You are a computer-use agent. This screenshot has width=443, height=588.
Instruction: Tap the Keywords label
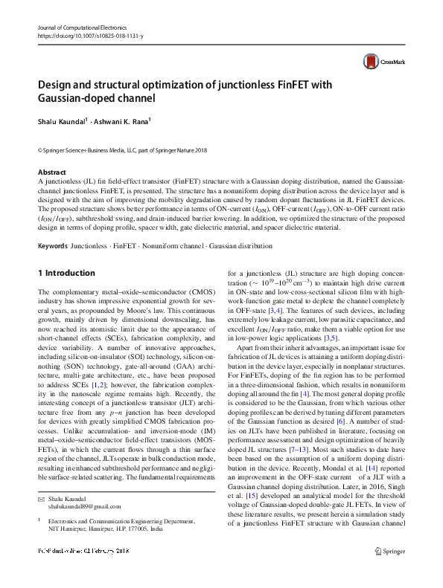(53, 245)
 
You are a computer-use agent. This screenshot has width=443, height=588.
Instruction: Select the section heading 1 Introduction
(66, 273)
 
